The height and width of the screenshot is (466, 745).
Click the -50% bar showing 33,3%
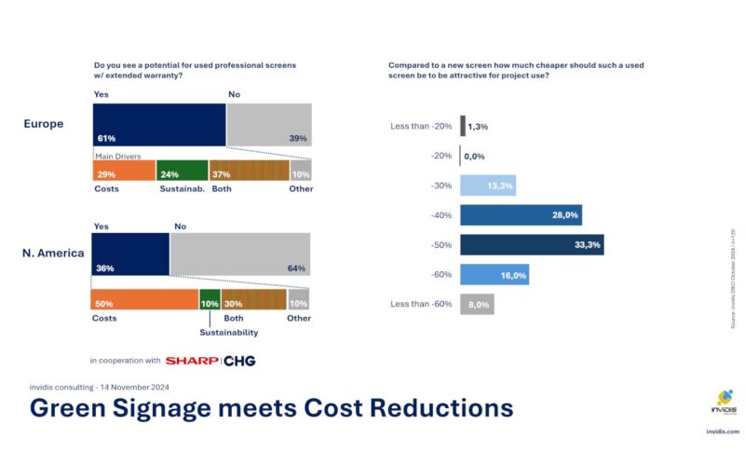click(532, 245)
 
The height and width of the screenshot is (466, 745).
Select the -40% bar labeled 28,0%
click(521, 215)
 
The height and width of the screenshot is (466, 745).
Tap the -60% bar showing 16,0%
click(494, 275)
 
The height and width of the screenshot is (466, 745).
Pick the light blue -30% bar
click(488, 185)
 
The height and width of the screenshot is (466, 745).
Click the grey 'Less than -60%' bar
click(476, 305)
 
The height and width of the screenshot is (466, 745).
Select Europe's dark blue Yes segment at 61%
click(159, 125)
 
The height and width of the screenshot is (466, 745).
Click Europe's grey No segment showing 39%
click(269, 125)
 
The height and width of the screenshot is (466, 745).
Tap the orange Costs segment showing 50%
click(143, 299)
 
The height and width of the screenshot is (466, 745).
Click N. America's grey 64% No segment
click(240, 254)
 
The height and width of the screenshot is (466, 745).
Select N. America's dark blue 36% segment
click(130, 254)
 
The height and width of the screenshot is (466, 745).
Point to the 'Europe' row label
click(44, 124)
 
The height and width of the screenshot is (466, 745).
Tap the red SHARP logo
click(191, 361)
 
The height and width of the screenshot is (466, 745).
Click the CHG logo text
click(239, 361)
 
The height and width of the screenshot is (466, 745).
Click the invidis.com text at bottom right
click(721, 432)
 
